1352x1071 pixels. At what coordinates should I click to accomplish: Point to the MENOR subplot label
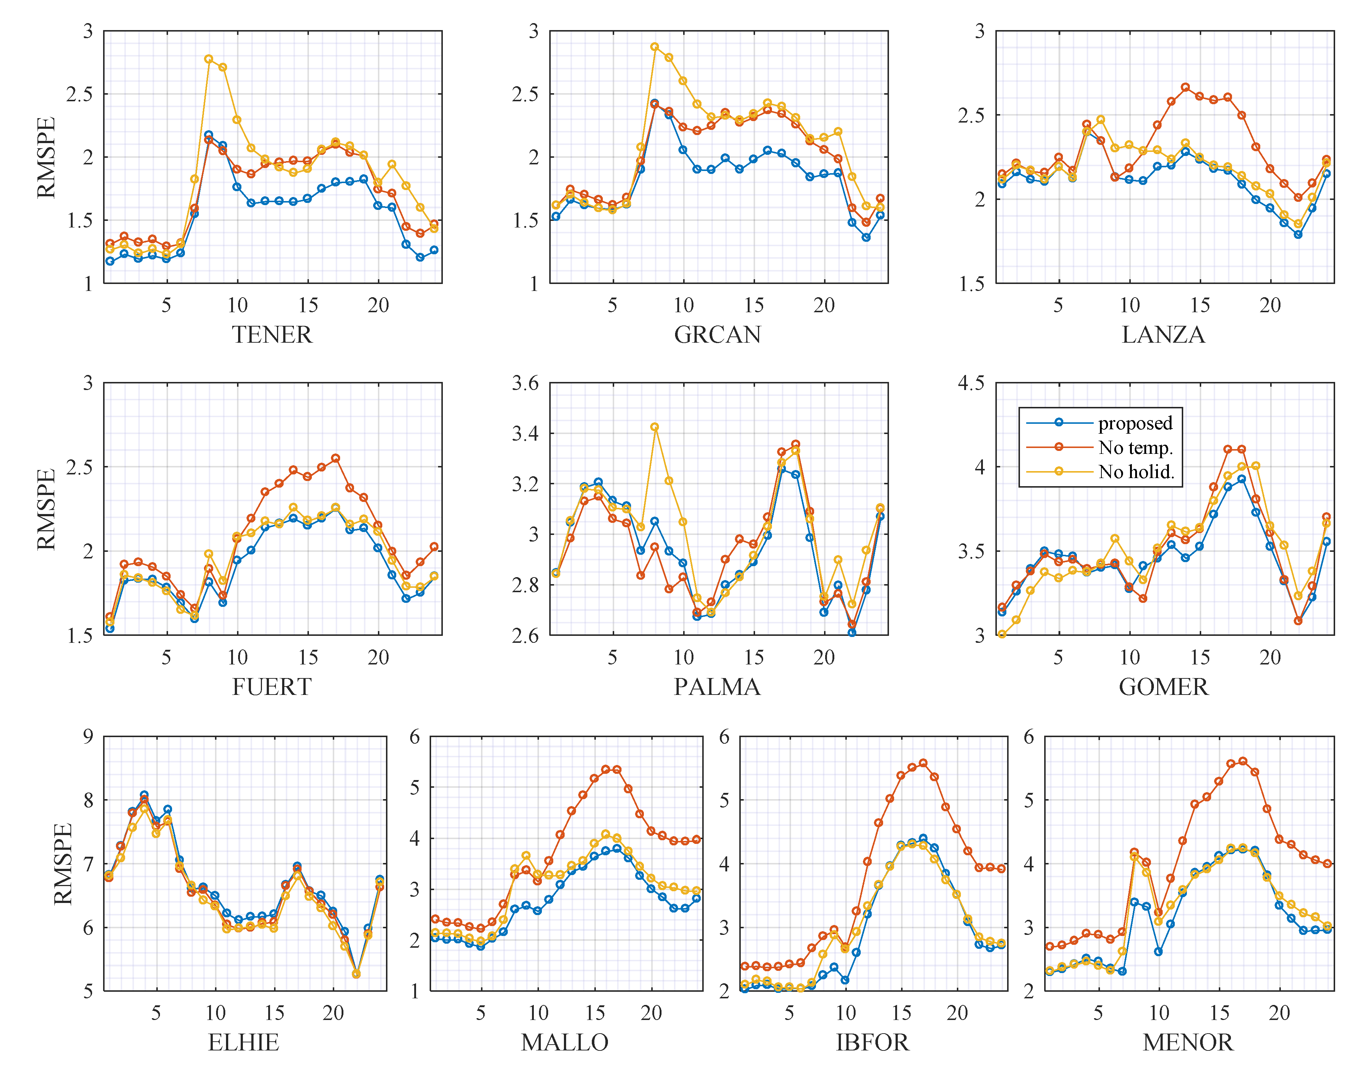pyautogui.click(x=1188, y=1042)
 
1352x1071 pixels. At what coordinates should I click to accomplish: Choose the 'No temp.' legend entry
pyautogui.click(x=1135, y=447)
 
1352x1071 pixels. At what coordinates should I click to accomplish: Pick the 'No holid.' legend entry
pyautogui.click(x=1136, y=471)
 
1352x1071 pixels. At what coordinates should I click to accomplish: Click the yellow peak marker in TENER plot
pyautogui.click(x=209, y=59)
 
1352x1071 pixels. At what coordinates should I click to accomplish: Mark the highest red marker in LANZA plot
pyautogui.click(x=1185, y=88)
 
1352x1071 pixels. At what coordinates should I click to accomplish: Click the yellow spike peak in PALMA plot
pyautogui.click(x=655, y=427)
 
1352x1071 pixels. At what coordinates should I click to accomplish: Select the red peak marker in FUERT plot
pyautogui.click(x=335, y=458)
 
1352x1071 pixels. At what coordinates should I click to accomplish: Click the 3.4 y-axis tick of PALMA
pyautogui.click(x=525, y=433)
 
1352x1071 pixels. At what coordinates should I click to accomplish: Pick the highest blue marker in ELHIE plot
pyautogui.click(x=144, y=795)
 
